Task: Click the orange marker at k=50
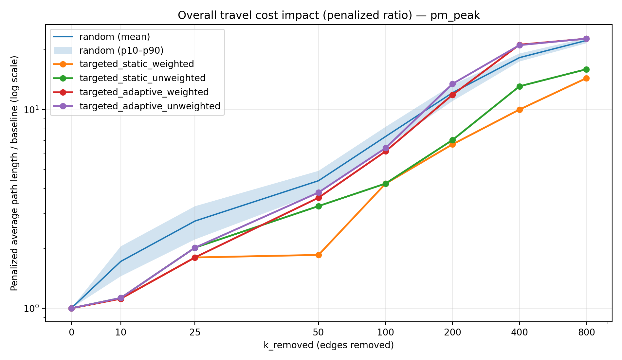pos(319,255)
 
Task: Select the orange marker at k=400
pos(519,110)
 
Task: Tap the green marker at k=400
pos(519,86)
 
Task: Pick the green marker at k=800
pos(586,69)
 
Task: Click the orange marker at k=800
pos(586,78)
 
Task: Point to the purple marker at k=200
pos(452,84)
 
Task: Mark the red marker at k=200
pos(452,95)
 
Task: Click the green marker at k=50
pos(319,206)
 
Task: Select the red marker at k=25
pos(195,258)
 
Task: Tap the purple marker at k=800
pos(586,39)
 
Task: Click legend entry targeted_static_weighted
pos(137,64)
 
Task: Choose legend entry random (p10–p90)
pos(121,50)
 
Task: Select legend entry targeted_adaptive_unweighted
pos(150,106)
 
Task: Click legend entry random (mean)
pos(115,37)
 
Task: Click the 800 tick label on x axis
pos(586,333)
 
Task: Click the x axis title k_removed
pos(328,345)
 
